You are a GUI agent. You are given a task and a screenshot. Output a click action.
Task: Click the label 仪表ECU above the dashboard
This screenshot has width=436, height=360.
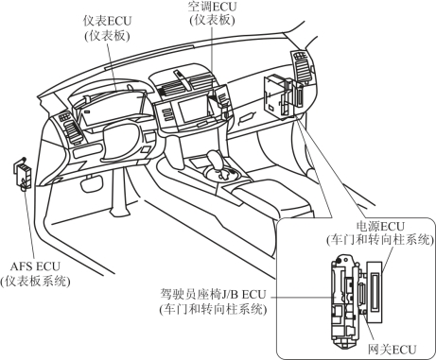[x=107, y=21]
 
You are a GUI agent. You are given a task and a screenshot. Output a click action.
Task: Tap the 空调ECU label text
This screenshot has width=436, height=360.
[x=212, y=7]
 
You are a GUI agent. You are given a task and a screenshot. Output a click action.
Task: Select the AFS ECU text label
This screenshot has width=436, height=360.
[x=35, y=266]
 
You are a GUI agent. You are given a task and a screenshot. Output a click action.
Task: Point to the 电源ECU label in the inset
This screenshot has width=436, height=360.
[x=380, y=227]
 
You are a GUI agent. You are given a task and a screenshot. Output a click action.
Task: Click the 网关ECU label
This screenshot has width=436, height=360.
[x=392, y=350]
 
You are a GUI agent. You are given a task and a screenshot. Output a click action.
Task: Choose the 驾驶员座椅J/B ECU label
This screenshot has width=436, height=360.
[x=213, y=295]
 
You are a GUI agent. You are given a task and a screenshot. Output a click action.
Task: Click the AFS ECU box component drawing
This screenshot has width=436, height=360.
[x=23, y=174]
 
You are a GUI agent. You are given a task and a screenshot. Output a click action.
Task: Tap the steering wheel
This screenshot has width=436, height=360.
[x=121, y=141]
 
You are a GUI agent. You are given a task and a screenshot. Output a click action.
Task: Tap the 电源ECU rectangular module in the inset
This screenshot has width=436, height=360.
[x=375, y=291]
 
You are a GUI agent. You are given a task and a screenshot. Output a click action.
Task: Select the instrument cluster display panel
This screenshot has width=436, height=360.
[x=112, y=110]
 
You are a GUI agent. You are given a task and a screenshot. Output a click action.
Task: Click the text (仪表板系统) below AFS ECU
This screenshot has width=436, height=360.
[x=35, y=281]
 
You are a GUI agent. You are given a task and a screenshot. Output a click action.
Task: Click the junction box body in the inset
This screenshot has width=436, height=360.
[x=344, y=301]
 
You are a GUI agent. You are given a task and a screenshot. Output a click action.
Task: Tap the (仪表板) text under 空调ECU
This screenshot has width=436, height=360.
[x=212, y=20]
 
